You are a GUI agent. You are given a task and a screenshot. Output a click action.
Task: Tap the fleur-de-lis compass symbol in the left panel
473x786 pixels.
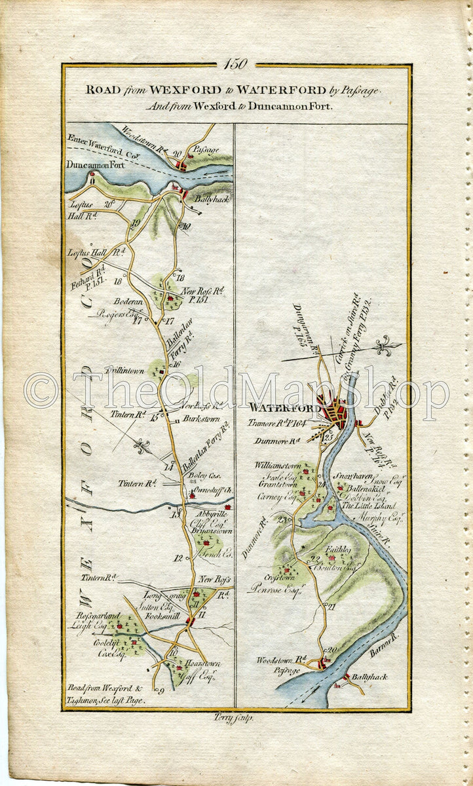coord(143,447)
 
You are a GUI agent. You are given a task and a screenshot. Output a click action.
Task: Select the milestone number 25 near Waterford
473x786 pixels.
coord(329,435)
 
